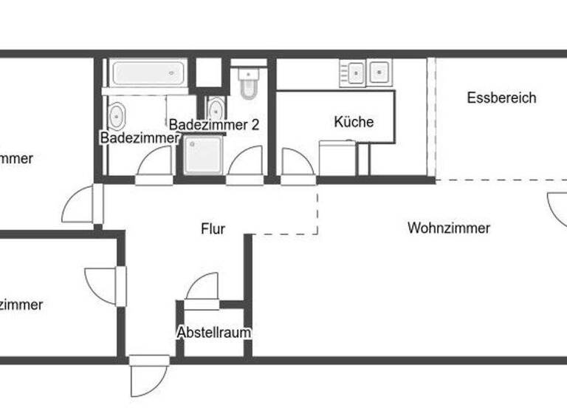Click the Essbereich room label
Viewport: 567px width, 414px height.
(501, 98)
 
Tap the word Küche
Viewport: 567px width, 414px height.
(354, 122)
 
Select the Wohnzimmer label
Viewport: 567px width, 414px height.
(448, 228)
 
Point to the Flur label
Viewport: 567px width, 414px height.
(213, 229)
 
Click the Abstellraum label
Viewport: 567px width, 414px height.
(213, 333)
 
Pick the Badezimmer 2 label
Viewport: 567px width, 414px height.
(213, 124)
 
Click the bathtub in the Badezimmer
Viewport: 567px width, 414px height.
(148, 73)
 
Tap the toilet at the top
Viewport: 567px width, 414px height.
(248, 81)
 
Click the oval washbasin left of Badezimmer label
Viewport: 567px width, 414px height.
(117, 116)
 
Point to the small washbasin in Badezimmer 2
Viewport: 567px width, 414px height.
(216, 109)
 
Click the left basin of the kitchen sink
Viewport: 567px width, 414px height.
(357, 72)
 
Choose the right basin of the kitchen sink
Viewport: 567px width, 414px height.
(379, 72)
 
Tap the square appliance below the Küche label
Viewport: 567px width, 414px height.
(337, 158)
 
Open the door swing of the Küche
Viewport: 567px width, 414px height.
(296, 164)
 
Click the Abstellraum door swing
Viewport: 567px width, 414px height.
(203, 287)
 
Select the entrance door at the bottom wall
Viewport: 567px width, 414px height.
(149, 379)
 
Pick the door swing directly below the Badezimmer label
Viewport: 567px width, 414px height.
(154, 163)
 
